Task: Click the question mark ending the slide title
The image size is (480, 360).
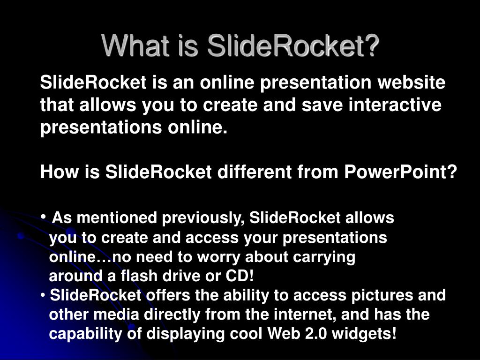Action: [372, 45]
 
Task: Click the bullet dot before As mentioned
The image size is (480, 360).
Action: [44, 216]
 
